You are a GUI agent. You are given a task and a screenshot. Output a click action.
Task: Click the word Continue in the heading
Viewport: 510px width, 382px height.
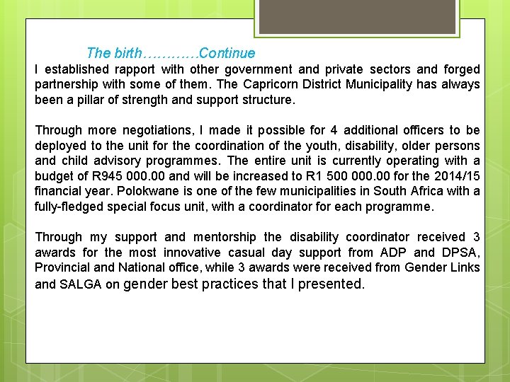tap(227, 53)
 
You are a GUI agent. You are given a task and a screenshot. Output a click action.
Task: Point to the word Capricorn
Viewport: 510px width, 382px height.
tap(281, 85)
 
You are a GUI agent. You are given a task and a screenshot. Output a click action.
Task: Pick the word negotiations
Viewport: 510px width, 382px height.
tap(152, 131)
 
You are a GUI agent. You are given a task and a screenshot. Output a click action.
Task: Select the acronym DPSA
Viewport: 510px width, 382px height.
tap(462, 253)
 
